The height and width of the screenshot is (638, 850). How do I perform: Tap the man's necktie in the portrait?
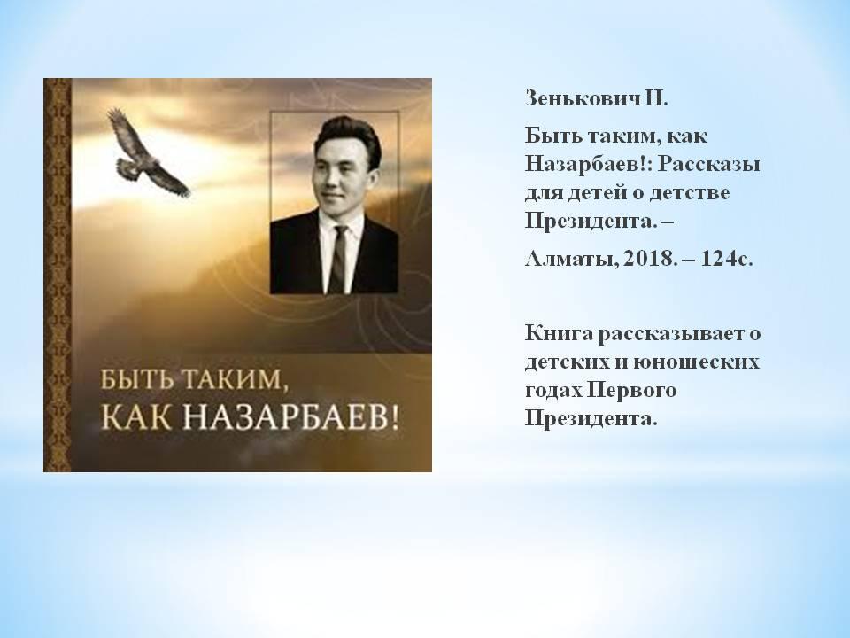tap(339, 259)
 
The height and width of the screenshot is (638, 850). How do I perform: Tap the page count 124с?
tap(727, 258)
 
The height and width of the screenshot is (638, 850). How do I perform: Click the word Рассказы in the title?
tap(708, 165)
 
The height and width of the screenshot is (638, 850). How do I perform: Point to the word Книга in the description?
tap(559, 332)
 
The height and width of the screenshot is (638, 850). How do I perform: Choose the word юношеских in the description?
tap(696, 362)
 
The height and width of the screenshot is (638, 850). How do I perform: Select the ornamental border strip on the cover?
tap(58, 275)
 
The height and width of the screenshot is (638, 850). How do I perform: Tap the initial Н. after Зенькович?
tap(656, 98)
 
